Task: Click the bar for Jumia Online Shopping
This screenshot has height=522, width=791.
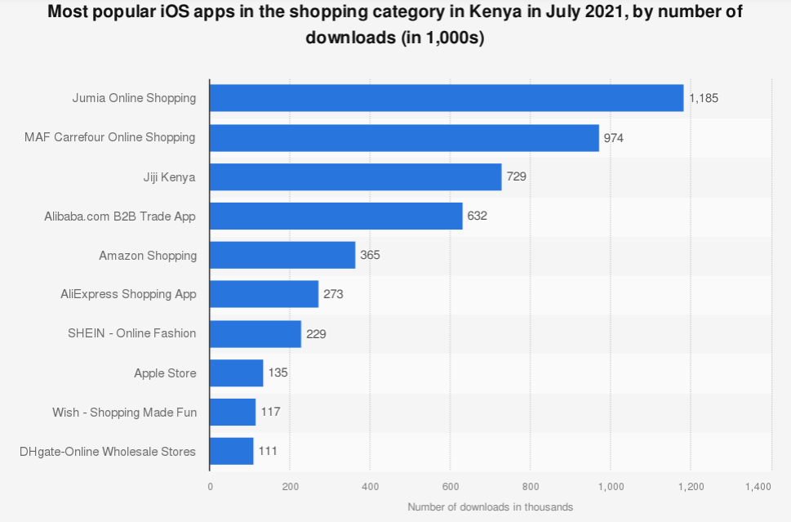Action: coord(447,98)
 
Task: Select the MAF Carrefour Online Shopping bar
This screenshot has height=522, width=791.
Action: coord(404,137)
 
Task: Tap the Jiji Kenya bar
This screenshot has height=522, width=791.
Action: coord(355,176)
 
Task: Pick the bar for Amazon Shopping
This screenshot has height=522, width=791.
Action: coord(282,255)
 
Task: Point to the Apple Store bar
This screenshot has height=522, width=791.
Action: coord(237,373)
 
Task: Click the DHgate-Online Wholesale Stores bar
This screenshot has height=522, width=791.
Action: coord(232,451)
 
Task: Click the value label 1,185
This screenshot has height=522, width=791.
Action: coord(704,98)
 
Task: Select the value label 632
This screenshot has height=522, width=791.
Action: coord(478,216)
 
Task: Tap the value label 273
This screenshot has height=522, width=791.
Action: coord(333,294)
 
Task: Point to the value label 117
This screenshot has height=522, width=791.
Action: coord(270,412)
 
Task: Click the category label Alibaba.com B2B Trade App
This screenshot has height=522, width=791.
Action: coord(120,216)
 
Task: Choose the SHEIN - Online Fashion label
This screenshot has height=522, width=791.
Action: coord(132,333)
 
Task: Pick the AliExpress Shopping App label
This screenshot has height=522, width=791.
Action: coord(128,294)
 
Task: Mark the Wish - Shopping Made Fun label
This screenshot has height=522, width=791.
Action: coord(124,413)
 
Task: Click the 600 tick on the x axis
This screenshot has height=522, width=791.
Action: coord(450,487)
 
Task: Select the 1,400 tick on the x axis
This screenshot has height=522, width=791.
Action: coord(758,487)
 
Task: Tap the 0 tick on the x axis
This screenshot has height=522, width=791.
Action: coord(210,487)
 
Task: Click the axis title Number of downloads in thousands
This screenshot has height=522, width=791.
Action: coord(490,506)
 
